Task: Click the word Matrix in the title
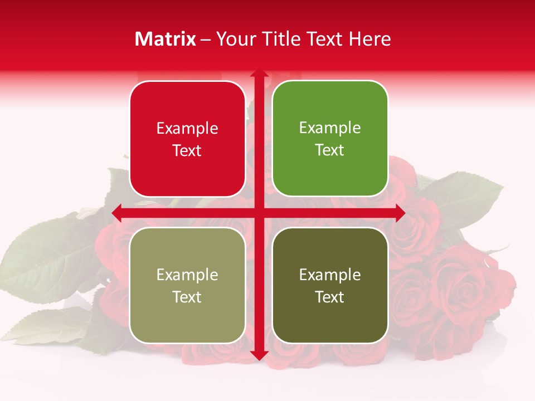(x=166, y=39)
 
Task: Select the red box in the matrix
(x=187, y=139)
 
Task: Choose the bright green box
(x=330, y=139)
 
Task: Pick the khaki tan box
(x=187, y=285)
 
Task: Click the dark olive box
(x=330, y=285)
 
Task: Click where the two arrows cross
(x=259, y=213)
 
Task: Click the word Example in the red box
(x=187, y=129)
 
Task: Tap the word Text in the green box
(x=330, y=150)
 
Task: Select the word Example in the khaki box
(x=187, y=275)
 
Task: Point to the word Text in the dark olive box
(x=330, y=297)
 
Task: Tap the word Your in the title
(x=234, y=39)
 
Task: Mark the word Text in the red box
(x=187, y=151)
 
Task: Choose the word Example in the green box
(x=330, y=128)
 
